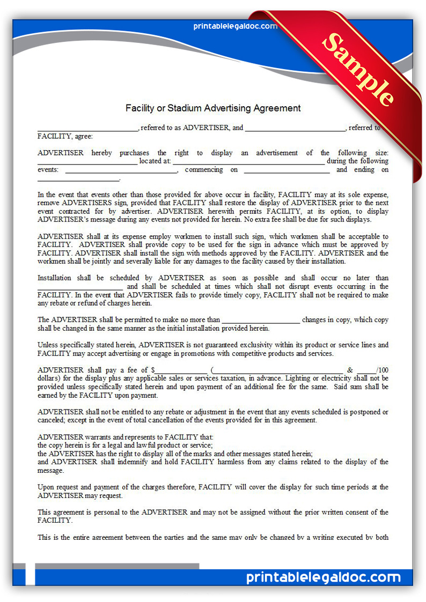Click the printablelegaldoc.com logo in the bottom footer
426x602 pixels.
pos(323,577)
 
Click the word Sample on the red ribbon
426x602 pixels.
pos(359,69)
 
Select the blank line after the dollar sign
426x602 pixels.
pos(181,370)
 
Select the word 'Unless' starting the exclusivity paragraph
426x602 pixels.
pos(48,345)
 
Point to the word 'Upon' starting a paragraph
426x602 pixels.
pos(46,487)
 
